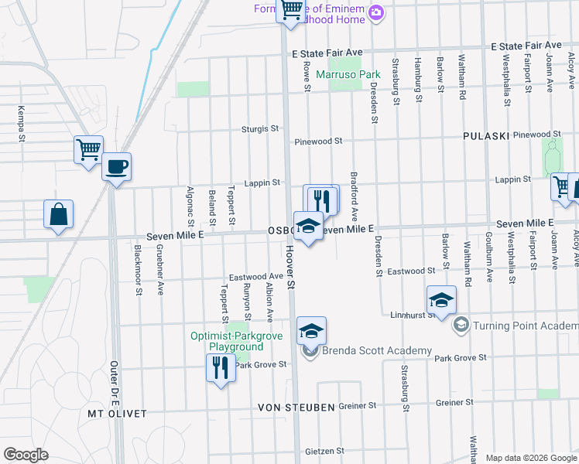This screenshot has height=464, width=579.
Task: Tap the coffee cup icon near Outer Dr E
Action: tap(116, 166)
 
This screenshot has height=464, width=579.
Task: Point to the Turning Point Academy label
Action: tap(526, 325)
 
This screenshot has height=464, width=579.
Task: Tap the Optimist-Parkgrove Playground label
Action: tap(237, 341)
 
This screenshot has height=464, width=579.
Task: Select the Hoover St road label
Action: tap(290, 275)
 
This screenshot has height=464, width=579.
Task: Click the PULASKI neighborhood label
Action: tap(485, 135)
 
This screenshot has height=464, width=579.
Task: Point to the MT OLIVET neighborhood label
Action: tap(117, 414)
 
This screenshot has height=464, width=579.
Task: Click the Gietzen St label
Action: tap(324, 451)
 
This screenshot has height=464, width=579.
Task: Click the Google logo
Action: tap(26, 455)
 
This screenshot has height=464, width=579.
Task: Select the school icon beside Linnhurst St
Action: tap(440, 301)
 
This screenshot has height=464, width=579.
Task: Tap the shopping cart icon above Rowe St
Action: tap(291, 11)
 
